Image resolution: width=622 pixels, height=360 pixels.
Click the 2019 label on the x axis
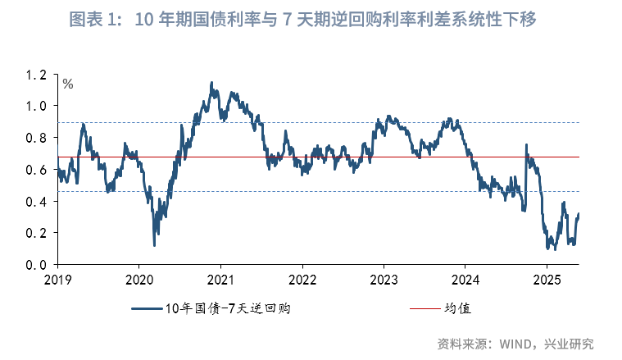point(57,280)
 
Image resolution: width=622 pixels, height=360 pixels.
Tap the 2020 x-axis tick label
point(138,280)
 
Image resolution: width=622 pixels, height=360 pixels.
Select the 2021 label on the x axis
point(220,280)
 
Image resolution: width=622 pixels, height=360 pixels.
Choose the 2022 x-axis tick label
point(302,280)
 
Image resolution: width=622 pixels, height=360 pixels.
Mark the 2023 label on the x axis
point(384,280)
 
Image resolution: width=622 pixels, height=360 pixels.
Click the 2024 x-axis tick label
point(465,280)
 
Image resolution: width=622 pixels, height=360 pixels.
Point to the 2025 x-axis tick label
point(547,280)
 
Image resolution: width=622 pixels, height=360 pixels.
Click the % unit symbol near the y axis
point(68,83)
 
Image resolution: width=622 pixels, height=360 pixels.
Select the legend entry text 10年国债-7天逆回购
point(229,309)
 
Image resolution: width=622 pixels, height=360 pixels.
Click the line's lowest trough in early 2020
point(154,245)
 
